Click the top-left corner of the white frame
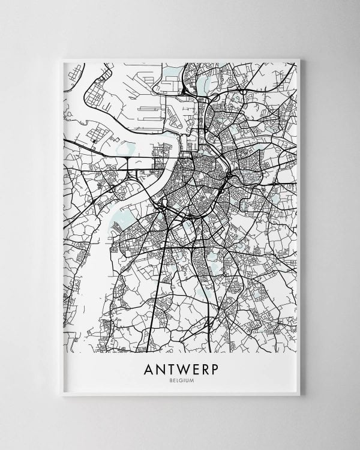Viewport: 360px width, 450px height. coord(62,59)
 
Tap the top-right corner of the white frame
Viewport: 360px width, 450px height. coord(299,59)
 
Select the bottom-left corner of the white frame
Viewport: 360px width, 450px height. coord(62,395)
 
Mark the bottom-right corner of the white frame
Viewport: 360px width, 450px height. coord(299,395)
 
